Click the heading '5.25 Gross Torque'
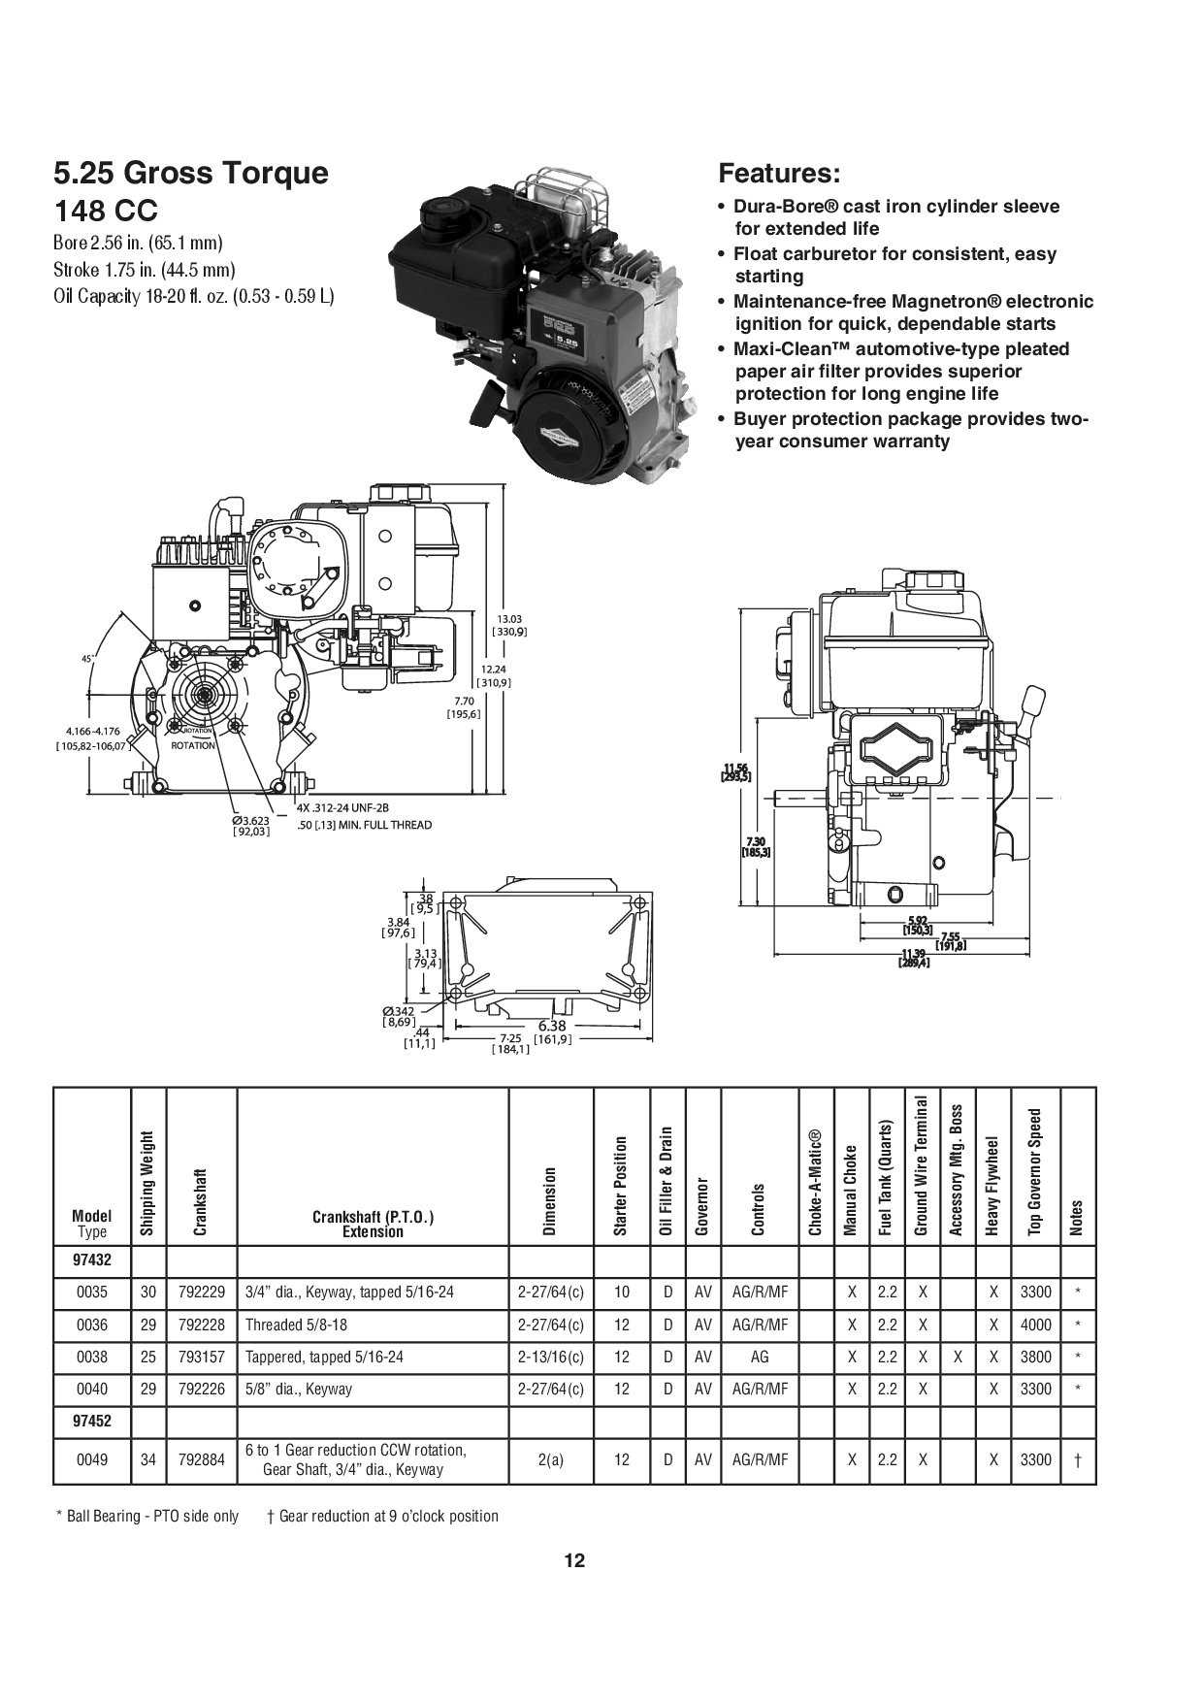pos(191,174)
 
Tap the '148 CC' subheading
pos(106,211)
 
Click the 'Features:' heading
pos(778,174)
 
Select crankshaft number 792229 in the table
pos(202,1293)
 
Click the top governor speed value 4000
pos(1035,1325)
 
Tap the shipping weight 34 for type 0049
pos(147,1459)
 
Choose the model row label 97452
pos(91,1421)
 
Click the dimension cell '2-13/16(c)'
pos(550,1357)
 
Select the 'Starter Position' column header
pos(621,1186)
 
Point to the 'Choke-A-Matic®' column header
pos(815,1183)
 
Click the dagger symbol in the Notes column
pos(1078,1460)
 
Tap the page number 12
pos(574,1561)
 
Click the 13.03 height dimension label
pos(510,619)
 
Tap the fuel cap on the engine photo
pos(441,208)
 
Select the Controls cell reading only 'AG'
pos(760,1357)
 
